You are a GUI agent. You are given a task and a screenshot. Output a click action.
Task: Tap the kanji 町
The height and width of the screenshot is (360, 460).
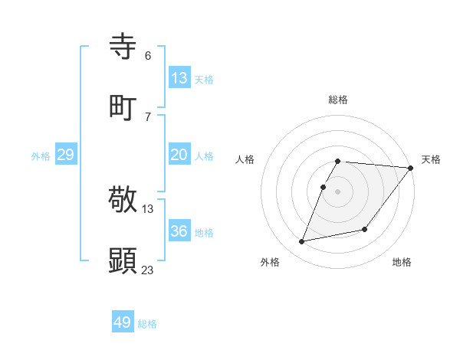click(x=123, y=108)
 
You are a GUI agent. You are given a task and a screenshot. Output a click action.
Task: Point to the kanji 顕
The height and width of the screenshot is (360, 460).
click(x=123, y=261)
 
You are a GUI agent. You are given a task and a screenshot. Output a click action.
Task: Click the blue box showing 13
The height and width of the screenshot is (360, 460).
click(x=179, y=78)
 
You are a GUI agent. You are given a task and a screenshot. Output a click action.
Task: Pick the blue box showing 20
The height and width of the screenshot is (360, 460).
click(x=179, y=155)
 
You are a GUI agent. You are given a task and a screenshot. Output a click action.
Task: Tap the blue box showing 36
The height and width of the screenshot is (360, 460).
click(x=179, y=231)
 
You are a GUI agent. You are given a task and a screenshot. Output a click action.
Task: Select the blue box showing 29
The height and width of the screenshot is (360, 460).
click(x=65, y=155)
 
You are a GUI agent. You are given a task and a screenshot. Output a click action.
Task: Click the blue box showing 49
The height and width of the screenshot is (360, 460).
click(x=123, y=322)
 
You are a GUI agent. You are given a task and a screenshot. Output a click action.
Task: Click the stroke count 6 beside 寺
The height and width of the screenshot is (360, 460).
click(x=148, y=55)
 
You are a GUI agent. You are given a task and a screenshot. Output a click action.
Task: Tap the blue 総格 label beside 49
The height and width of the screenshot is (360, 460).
click(x=148, y=324)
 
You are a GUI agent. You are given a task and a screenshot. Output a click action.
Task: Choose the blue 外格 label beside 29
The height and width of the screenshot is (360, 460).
click(x=41, y=156)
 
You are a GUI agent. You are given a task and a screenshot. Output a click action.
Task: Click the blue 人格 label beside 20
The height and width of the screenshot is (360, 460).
click(x=204, y=156)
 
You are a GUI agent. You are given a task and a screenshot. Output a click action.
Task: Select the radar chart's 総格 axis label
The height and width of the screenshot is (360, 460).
click(x=338, y=100)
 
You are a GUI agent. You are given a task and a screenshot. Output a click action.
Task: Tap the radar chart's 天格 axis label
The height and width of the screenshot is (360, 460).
click(x=432, y=159)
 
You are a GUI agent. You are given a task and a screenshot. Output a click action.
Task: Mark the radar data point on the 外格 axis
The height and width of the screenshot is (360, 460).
click(x=302, y=242)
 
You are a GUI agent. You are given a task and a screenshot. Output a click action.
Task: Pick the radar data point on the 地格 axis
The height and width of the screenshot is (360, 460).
click(x=365, y=229)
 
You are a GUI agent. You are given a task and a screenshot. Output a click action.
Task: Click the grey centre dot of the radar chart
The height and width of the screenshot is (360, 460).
click(x=338, y=191)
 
